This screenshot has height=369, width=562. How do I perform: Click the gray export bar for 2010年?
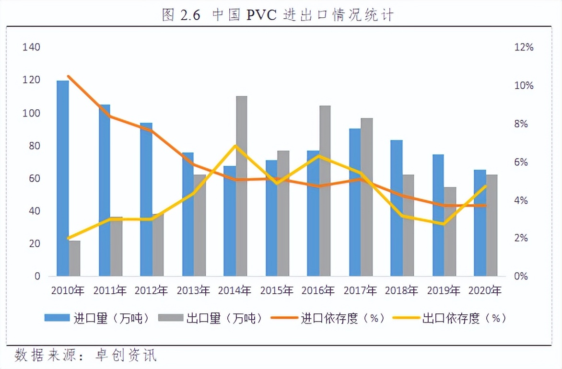75,258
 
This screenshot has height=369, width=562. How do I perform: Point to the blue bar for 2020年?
480,223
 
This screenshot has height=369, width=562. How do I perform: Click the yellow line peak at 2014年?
235,146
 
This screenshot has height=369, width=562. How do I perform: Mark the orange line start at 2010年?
69,76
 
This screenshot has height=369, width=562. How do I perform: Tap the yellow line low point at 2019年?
444,224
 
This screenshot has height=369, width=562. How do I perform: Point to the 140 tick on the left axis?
31,47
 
